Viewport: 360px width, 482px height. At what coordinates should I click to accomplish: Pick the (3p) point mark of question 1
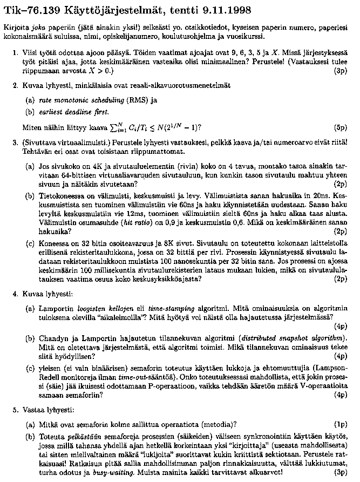341,70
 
